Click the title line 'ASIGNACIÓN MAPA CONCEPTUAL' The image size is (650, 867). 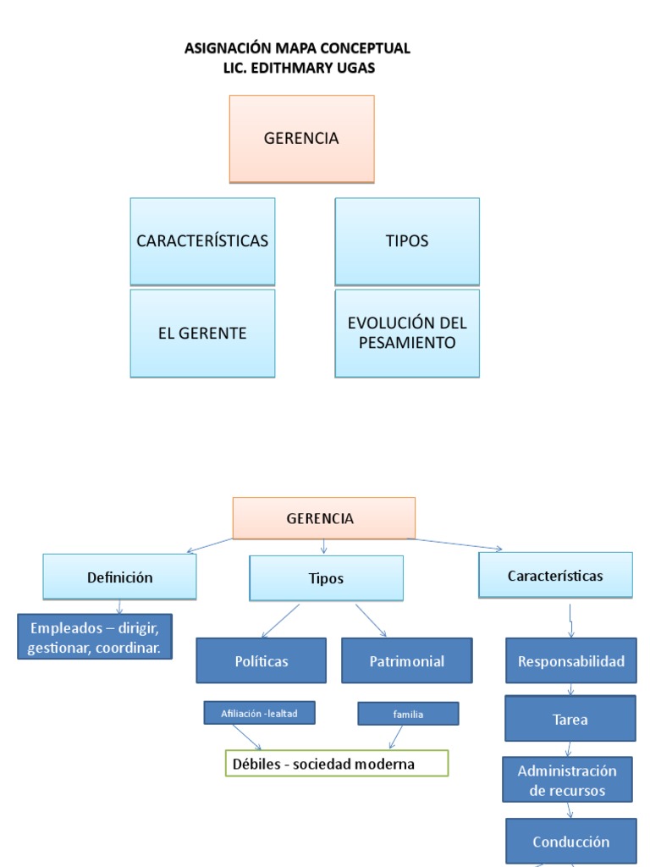tap(297, 48)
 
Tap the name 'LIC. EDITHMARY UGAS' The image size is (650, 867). tap(297, 68)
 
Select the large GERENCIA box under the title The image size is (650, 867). tap(301, 139)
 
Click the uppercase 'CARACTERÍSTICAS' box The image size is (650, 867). tap(202, 241)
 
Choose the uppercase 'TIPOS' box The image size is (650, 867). tap(407, 241)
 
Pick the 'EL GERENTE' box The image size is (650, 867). tap(202, 334)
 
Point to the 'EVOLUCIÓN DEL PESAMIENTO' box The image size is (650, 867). tap(407, 334)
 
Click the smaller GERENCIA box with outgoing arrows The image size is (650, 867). tap(323, 518)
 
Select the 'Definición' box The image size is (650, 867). tap(119, 577)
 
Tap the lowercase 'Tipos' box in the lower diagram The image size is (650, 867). tap(326, 579)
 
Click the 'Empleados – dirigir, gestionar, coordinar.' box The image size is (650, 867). tap(95, 638)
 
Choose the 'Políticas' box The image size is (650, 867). tap(262, 661)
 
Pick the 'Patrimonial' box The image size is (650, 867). tap(407, 661)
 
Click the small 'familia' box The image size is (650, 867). tap(408, 714)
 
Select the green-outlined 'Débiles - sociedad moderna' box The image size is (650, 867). tap(336, 764)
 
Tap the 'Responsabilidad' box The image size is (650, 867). tap(571, 661)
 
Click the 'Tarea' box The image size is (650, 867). tap(570, 719)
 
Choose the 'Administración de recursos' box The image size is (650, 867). tap(567, 781)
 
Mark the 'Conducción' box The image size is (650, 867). tap(571, 842)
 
